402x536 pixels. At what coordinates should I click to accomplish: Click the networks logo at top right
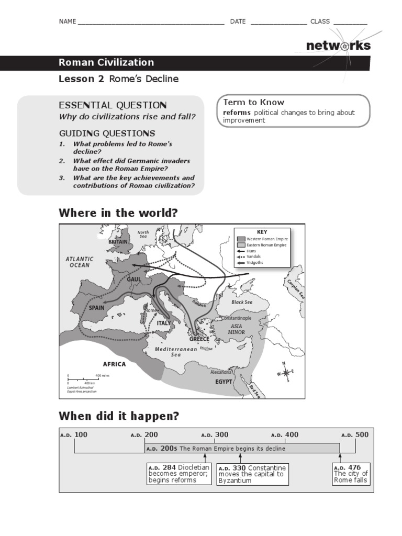point(338,46)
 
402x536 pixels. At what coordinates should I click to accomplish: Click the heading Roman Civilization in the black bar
point(106,62)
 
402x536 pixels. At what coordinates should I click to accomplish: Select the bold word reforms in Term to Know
point(237,113)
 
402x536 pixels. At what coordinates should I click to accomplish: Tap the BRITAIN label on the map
point(118,242)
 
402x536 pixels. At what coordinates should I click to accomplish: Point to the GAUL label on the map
point(134,280)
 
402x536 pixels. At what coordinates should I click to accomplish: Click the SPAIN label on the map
point(97,308)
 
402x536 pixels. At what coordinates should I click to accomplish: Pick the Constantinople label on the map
point(237,318)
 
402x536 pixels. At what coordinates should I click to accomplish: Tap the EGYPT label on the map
point(224,382)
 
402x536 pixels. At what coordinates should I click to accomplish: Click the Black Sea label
point(242,302)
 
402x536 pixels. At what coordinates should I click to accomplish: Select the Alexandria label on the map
point(221,372)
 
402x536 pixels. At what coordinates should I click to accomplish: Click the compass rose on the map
point(286,373)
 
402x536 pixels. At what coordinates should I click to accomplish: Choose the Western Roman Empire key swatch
point(241,239)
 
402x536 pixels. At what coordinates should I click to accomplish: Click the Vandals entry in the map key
point(254,256)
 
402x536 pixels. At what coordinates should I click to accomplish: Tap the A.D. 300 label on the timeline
point(215,434)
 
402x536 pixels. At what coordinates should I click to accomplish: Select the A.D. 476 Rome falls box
point(351,474)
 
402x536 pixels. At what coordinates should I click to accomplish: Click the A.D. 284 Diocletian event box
point(179,474)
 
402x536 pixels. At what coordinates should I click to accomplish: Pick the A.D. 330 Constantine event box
point(252,474)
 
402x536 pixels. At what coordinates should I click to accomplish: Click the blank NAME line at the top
point(151,22)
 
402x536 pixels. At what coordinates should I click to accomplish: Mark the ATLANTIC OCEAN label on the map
point(80,262)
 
